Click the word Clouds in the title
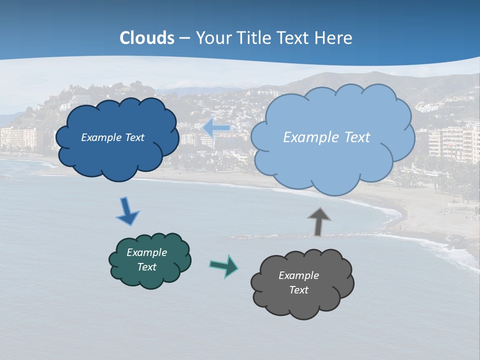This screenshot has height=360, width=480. pyautogui.click(x=147, y=38)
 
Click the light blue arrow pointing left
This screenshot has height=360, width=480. pyautogui.click(x=216, y=128)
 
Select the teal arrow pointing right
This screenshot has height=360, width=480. pyautogui.click(x=224, y=265)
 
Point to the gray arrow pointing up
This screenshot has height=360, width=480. pyautogui.click(x=318, y=221)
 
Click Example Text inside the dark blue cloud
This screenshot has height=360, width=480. pyautogui.click(x=112, y=137)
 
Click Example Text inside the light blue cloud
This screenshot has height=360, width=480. pyautogui.click(x=326, y=137)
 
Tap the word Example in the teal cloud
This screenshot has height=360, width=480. pyautogui.click(x=146, y=252)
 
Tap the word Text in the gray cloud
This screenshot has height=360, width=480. pyautogui.click(x=298, y=290)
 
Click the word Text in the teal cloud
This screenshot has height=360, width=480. pyautogui.click(x=146, y=267)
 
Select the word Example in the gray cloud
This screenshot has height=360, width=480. pyautogui.click(x=298, y=275)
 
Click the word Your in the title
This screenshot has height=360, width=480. pyautogui.click(x=211, y=38)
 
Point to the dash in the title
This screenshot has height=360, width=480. pyautogui.click(x=184, y=38)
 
